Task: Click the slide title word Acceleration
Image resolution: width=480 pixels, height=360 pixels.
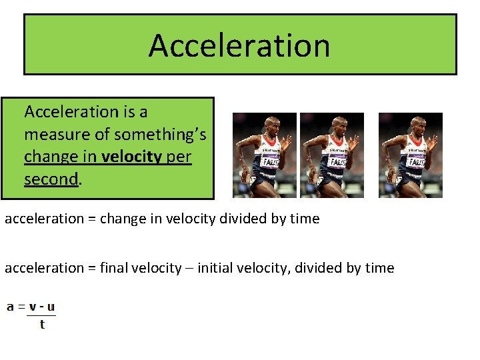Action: (239, 45)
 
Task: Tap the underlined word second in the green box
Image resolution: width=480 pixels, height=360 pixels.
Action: (51, 180)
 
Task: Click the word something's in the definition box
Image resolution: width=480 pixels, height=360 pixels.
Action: (160, 135)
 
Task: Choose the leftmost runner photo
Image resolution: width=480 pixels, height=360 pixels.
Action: (265, 155)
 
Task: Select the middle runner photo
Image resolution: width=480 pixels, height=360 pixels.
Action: (332, 155)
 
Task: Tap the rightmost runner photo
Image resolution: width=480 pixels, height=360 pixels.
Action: (410, 155)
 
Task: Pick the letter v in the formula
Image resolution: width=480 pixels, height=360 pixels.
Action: (33, 308)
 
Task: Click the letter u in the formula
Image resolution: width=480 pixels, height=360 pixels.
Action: (51, 308)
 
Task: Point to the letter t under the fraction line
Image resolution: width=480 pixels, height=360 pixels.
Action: (43, 325)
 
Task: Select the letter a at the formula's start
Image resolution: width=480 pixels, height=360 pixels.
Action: (10, 308)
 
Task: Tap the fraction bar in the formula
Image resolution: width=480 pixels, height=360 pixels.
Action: (41, 316)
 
